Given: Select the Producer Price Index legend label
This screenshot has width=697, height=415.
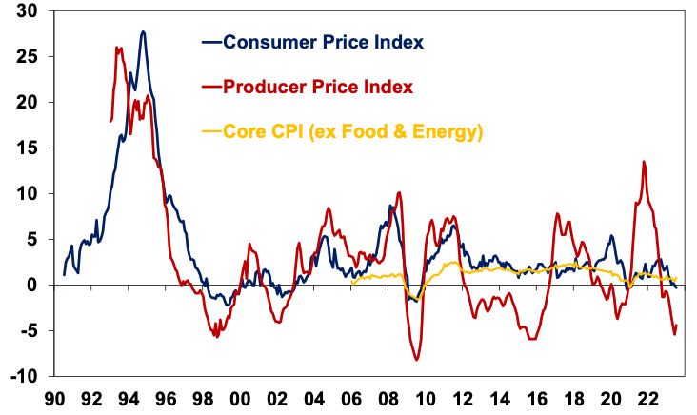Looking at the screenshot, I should tap(318, 87).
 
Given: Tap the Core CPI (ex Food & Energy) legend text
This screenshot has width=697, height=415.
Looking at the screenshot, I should tap(352, 131).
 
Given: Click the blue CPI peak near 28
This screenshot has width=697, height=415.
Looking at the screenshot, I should tap(143, 31).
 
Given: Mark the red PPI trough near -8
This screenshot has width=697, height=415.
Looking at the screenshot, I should tap(416, 359).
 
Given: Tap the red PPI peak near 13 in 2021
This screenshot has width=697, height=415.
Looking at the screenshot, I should tap(645, 162).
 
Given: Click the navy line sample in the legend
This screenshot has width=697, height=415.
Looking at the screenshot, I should tap(209, 42).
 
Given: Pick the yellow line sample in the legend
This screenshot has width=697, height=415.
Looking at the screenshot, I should tap(209, 131).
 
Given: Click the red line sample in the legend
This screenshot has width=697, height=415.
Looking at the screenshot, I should tap(209, 87).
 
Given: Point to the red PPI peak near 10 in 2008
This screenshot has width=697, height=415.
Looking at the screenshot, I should tap(399, 193).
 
